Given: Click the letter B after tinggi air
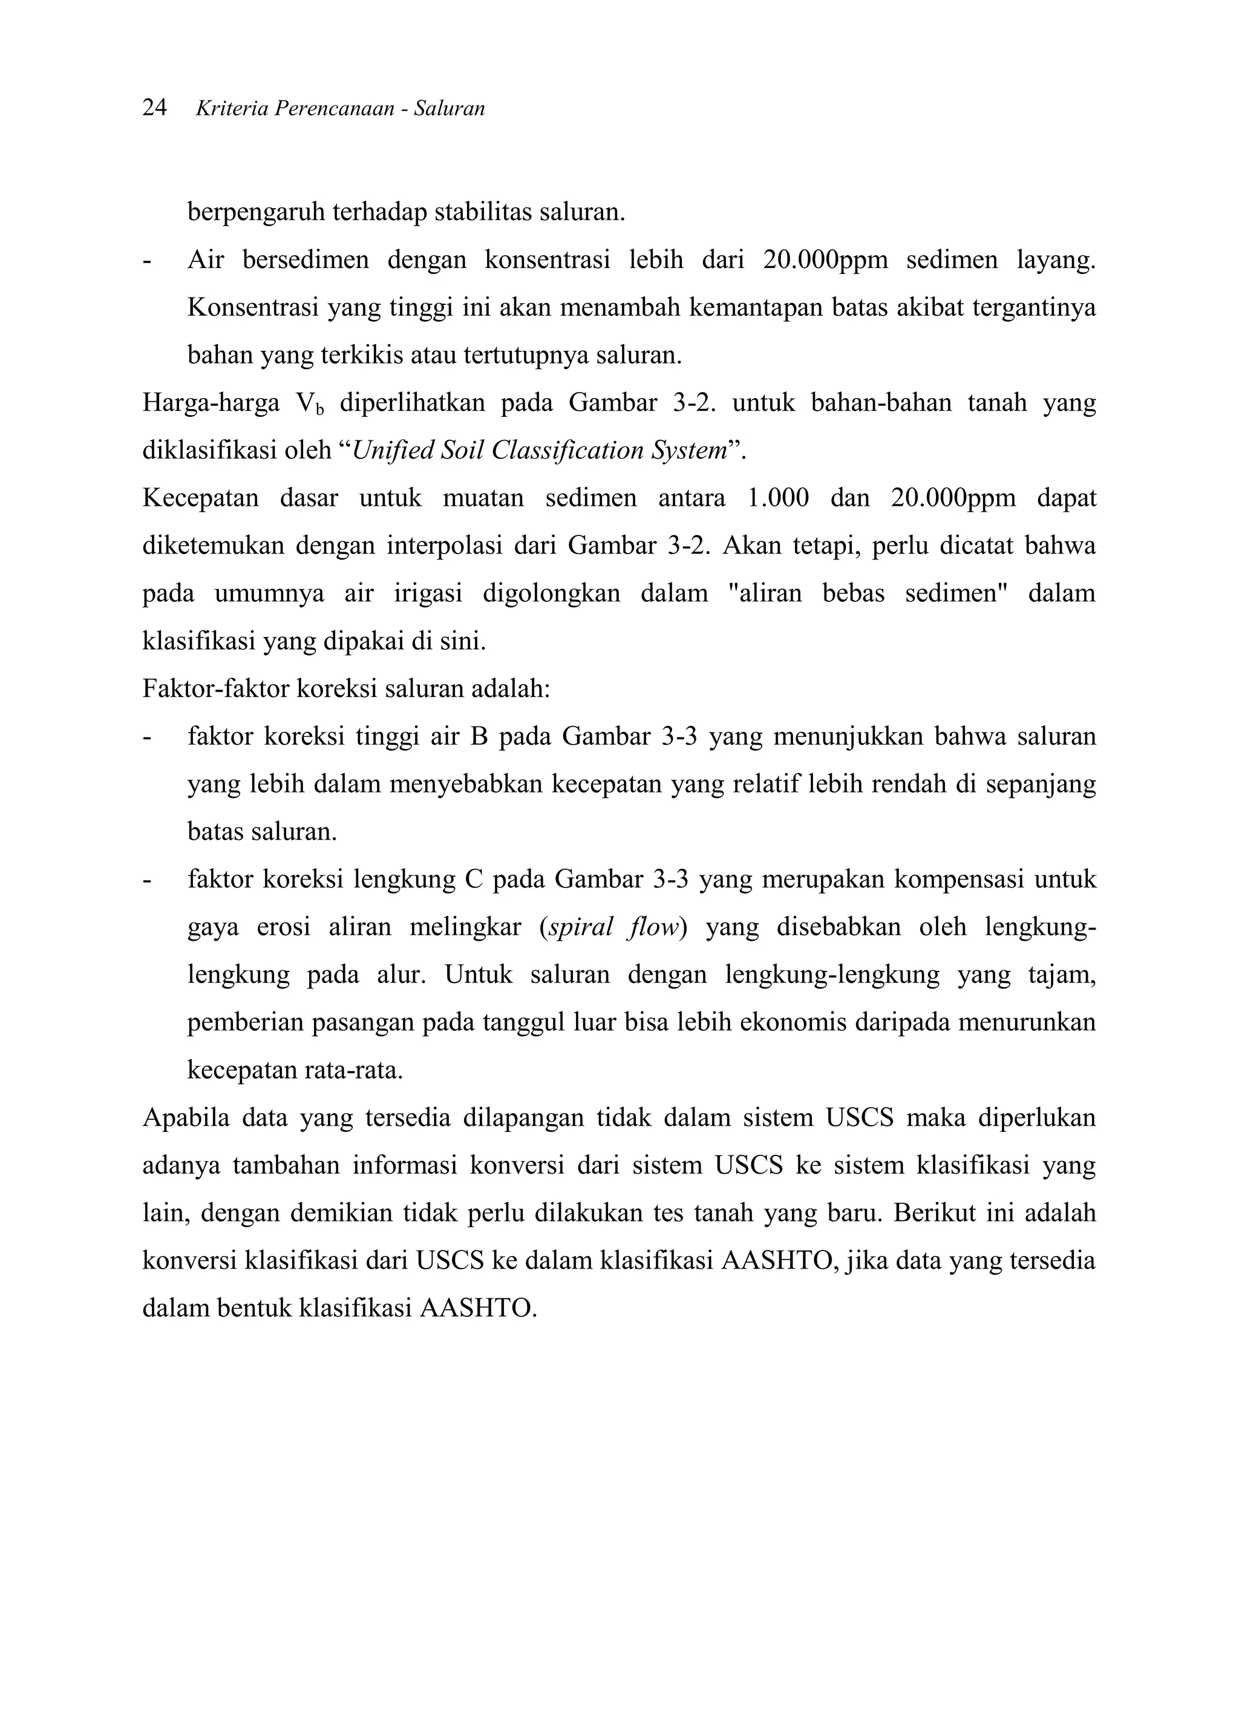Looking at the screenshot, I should (x=479, y=736).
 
